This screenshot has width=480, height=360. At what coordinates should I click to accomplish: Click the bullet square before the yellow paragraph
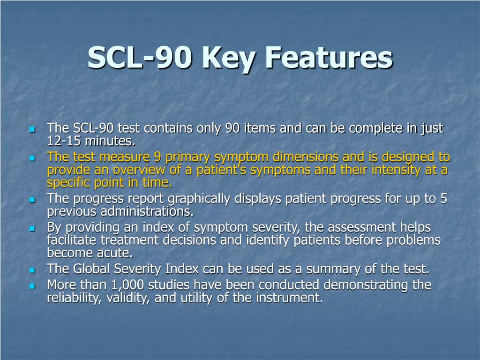pyautogui.click(x=32, y=158)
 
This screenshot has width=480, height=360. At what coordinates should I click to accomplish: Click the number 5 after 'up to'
pyautogui.click(x=443, y=199)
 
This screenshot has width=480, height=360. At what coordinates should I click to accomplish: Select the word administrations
pyautogui.click(x=120, y=211)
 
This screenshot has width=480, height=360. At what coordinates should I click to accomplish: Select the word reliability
pyautogui.click(x=68, y=298)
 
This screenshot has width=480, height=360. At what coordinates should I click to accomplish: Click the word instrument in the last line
pyautogui.click(x=291, y=298)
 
